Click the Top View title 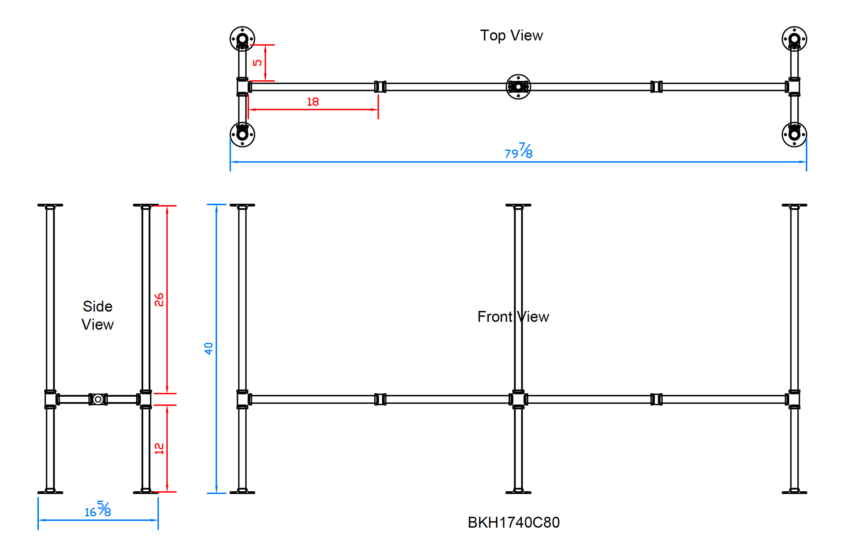[511, 35]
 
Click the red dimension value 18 [313, 102]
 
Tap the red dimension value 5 [257, 63]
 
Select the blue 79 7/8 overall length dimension [518, 151]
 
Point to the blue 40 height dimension [208, 349]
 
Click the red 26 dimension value [159, 300]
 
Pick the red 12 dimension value [159, 448]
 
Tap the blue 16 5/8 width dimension [98, 510]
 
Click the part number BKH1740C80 [513, 523]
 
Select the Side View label [98, 315]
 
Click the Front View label [513, 317]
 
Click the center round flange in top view [518, 87]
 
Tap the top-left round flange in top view [242, 39]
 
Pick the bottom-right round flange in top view [794, 135]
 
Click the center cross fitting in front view [518, 399]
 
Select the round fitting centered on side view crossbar [98, 399]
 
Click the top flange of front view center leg [518, 206]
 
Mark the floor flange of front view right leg [794, 492]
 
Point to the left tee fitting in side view [50, 399]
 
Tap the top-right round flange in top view [794, 39]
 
